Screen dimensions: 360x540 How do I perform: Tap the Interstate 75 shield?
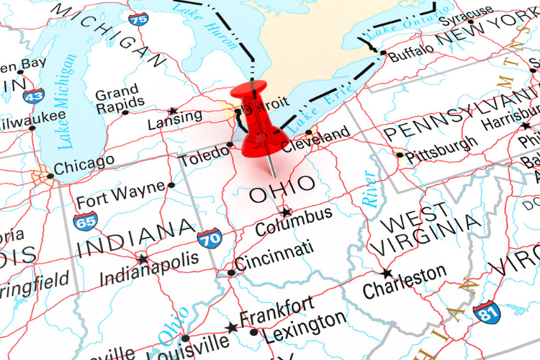click(139, 17)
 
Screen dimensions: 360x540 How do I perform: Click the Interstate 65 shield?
click(86, 220)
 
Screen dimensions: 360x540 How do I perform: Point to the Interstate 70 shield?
click(210, 238)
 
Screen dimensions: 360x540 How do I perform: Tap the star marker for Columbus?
click(286, 212)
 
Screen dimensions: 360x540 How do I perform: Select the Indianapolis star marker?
click(143, 259)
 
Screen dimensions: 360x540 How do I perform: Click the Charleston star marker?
click(387, 274)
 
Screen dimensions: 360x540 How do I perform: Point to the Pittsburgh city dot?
click(400, 154)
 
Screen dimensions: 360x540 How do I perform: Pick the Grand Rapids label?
click(117, 99)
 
